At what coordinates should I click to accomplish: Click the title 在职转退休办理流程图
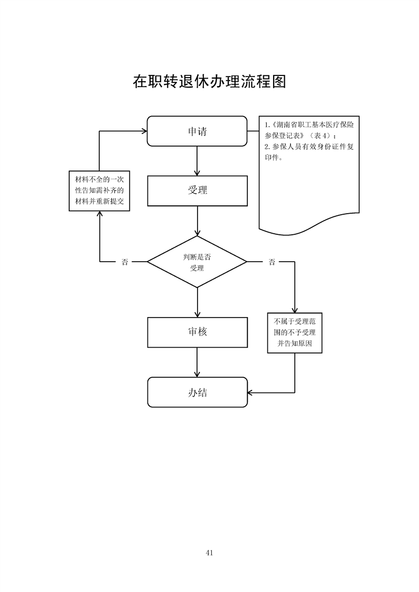click(x=209, y=82)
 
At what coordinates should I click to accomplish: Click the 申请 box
click(x=197, y=131)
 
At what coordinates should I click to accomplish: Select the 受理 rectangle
click(x=197, y=190)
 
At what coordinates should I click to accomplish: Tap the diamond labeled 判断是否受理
click(x=197, y=262)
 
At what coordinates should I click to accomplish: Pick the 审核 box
click(x=197, y=332)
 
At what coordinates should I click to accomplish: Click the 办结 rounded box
click(x=197, y=392)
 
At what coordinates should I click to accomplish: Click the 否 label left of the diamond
click(x=125, y=262)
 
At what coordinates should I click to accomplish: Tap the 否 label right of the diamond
click(x=272, y=262)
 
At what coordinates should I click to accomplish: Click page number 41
click(x=209, y=552)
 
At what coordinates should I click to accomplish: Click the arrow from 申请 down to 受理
click(x=197, y=160)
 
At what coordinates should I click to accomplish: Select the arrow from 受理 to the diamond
click(x=197, y=221)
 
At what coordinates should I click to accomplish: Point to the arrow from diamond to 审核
click(x=197, y=302)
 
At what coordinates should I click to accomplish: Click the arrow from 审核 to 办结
click(x=197, y=362)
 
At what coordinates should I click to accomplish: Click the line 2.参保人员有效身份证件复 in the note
click(x=309, y=147)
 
